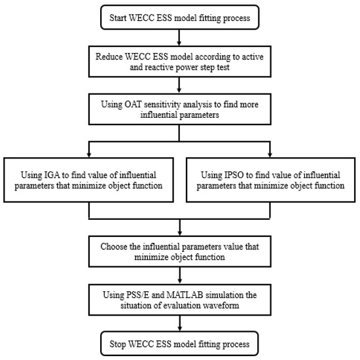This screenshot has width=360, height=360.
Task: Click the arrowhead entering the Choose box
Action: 179,234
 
